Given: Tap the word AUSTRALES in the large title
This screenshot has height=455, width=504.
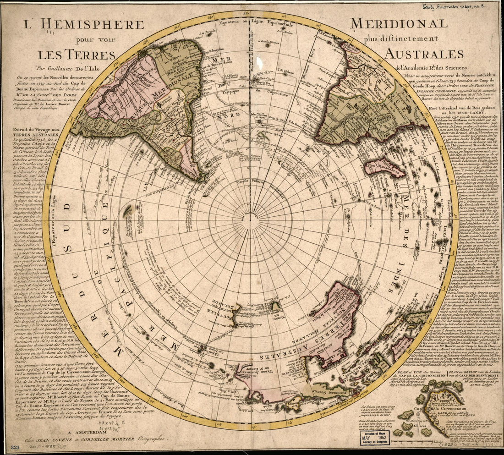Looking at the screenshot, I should pos(424,54).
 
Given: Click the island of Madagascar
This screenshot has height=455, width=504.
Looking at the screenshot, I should pos(384,167).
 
